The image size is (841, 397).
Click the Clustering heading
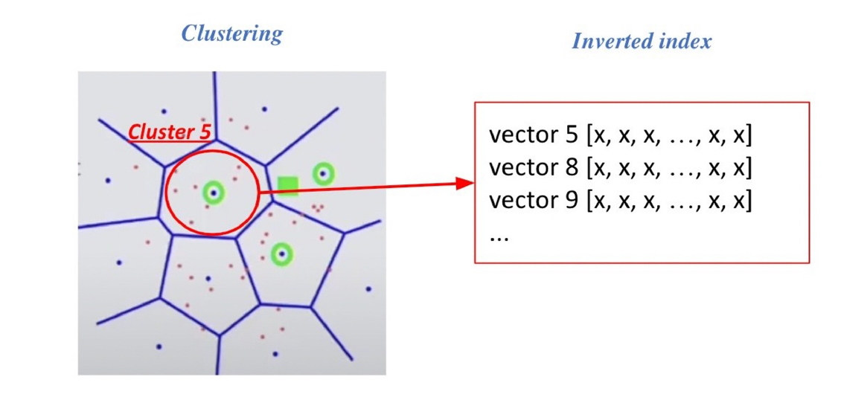click(232, 33)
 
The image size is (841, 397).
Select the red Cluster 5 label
click(169, 132)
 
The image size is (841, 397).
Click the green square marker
click(287, 186)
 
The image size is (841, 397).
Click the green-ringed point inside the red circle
click(214, 193)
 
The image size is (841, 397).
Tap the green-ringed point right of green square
click(323, 174)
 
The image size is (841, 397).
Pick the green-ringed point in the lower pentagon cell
click(281, 254)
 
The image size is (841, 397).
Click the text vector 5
click(534, 136)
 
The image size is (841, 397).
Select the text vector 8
click(534, 169)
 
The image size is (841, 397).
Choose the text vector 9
click(534, 201)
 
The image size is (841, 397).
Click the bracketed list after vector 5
click(669, 136)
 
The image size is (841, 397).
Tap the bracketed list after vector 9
click(669, 201)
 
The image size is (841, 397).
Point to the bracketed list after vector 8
click(669, 169)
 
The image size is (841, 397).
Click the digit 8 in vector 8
click(571, 169)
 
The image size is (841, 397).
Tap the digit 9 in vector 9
click(571, 201)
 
